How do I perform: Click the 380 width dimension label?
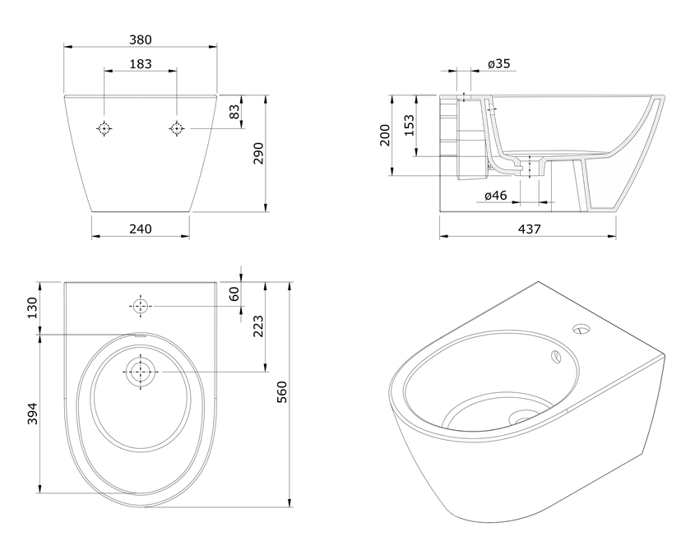(x=141, y=39)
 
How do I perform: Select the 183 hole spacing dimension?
(x=141, y=64)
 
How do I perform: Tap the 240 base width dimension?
(x=141, y=229)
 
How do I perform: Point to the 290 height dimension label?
(x=258, y=153)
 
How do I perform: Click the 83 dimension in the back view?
(x=234, y=111)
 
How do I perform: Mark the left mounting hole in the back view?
(x=104, y=128)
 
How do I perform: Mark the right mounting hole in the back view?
(x=177, y=128)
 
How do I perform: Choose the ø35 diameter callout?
(x=499, y=64)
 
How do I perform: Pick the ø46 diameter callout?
(x=495, y=196)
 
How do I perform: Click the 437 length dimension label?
(x=529, y=229)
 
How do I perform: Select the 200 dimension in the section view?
(x=384, y=135)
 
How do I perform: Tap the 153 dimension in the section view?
(x=409, y=125)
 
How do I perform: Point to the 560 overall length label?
(x=282, y=392)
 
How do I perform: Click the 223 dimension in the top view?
(x=258, y=326)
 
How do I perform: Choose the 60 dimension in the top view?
(x=234, y=294)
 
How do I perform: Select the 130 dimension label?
(x=32, y=308)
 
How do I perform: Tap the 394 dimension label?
(x=32, y=414)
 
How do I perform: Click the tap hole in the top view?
(x=141, y=306)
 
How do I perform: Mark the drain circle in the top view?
(x=141, y=372)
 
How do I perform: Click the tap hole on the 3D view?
(x=581, y=329)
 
